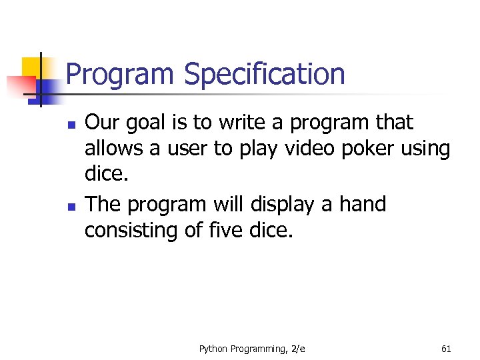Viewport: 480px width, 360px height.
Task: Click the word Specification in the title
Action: [265, 75]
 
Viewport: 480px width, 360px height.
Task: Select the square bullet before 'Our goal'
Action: [73, 125]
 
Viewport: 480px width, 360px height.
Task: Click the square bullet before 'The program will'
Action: [73, 207]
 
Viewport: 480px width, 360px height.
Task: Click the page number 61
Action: [446, 349]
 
